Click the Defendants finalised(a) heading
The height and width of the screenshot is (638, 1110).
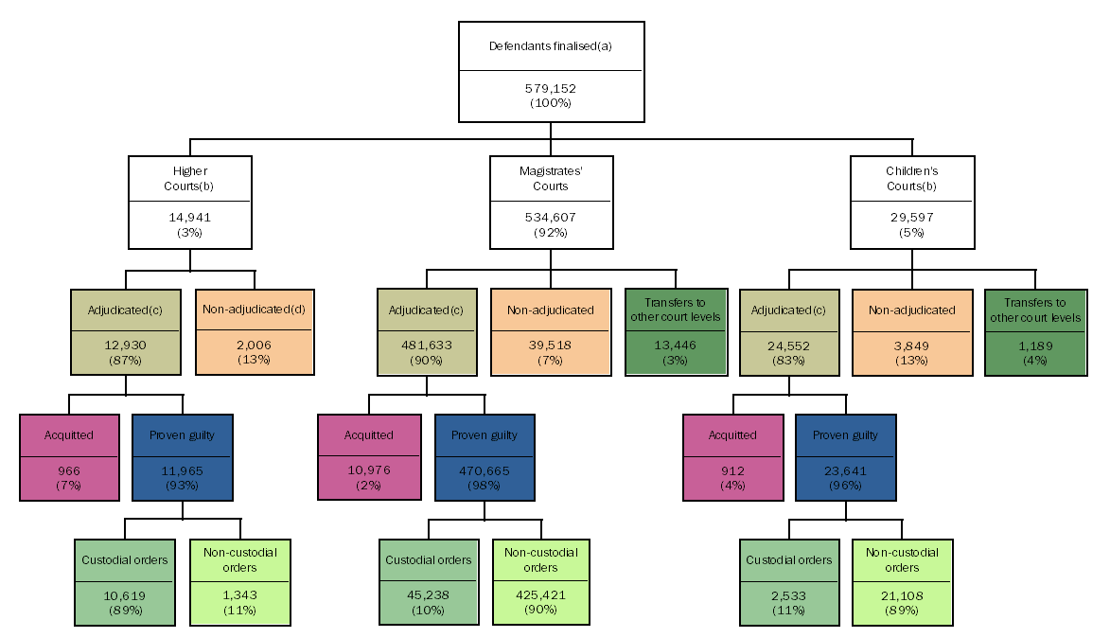550,45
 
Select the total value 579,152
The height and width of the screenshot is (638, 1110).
550,88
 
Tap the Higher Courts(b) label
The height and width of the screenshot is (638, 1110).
190,179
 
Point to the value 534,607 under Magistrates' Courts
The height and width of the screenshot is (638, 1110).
551,218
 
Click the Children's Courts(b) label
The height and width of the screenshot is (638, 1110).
911,179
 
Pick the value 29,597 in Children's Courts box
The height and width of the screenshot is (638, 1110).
911,218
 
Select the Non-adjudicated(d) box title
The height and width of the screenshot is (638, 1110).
254,310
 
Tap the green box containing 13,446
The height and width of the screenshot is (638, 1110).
676,331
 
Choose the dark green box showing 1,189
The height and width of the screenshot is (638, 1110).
1035,331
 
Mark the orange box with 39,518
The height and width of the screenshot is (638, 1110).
550,331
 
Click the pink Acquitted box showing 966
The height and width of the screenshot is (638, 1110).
69,457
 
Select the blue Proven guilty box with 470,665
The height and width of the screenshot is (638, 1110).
484,457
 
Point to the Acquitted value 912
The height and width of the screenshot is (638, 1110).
732,471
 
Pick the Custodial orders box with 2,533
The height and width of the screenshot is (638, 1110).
789,582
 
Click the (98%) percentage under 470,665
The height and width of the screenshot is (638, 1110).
484,485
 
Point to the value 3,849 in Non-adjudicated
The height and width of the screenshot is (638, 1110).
911,346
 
